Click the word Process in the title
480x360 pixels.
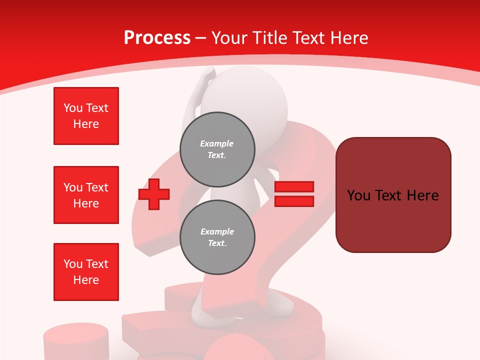(x=157, y=38)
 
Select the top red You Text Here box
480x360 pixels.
(x=86, y=116)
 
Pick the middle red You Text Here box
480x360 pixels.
(x=86, y=195)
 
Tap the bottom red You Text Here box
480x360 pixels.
(x=86, y=272)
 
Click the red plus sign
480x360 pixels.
(x=154, y=194)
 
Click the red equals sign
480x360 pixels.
(x=294, y=194)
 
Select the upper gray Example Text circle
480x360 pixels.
(x=217, y=149)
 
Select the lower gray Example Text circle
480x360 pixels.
(x=217, y=237)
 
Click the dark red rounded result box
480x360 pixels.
(x=393, y=194)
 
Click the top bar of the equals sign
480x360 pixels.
(x=294, y=187)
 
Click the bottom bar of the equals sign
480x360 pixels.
(x=294, y=201)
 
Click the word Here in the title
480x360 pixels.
(x=349, y=38)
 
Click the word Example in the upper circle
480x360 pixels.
(x=217, y=143)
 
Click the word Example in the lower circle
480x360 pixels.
(x=217, y=231)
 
